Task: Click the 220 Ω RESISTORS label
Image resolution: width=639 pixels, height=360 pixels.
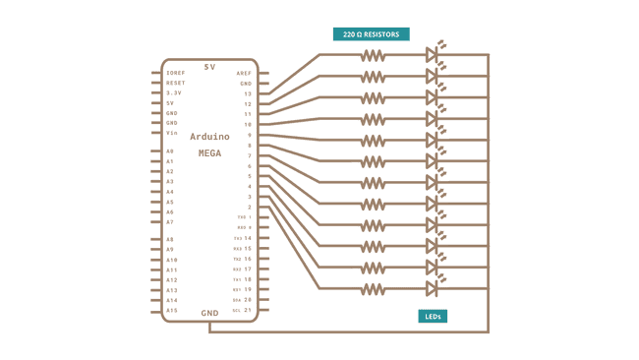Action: [x=372, y=33]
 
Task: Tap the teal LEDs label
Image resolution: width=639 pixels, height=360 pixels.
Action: [x=431, y=316]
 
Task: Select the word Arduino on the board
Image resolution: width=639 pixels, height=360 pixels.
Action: [x=209, y=138]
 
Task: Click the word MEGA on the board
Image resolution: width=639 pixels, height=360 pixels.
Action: [x=209, y=153]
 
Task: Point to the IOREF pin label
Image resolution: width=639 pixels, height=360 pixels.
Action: [x=175, y=73]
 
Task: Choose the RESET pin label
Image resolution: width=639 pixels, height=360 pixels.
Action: [x=175, y=83]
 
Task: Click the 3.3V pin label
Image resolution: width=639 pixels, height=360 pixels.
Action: [x=173, y=93]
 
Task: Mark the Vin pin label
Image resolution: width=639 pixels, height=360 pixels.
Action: [x=171, y=133]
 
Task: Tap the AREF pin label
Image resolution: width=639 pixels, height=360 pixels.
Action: [x=245, y=74]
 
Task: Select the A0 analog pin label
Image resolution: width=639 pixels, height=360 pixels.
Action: [x=170, y=151]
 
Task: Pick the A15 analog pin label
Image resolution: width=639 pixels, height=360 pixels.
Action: [x=171, y=311]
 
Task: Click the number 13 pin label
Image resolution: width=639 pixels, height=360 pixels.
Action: [x=248, y=93]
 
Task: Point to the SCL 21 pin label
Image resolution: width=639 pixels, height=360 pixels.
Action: [x=243, y=310]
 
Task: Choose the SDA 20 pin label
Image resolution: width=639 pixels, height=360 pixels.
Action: [x=243, y=299]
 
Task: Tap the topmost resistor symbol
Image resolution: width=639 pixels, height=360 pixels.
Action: [x=373, y=55]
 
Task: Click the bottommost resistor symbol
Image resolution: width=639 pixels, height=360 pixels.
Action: [x=373, y=288]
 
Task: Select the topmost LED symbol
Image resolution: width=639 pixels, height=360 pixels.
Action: [x=432, y=55]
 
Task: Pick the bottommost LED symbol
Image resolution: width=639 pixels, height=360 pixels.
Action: [x=432, y=288]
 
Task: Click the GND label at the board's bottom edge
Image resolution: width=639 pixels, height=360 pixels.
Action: [x=209, y=314]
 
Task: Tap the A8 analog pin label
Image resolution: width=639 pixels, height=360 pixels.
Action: [x=170, y=239]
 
